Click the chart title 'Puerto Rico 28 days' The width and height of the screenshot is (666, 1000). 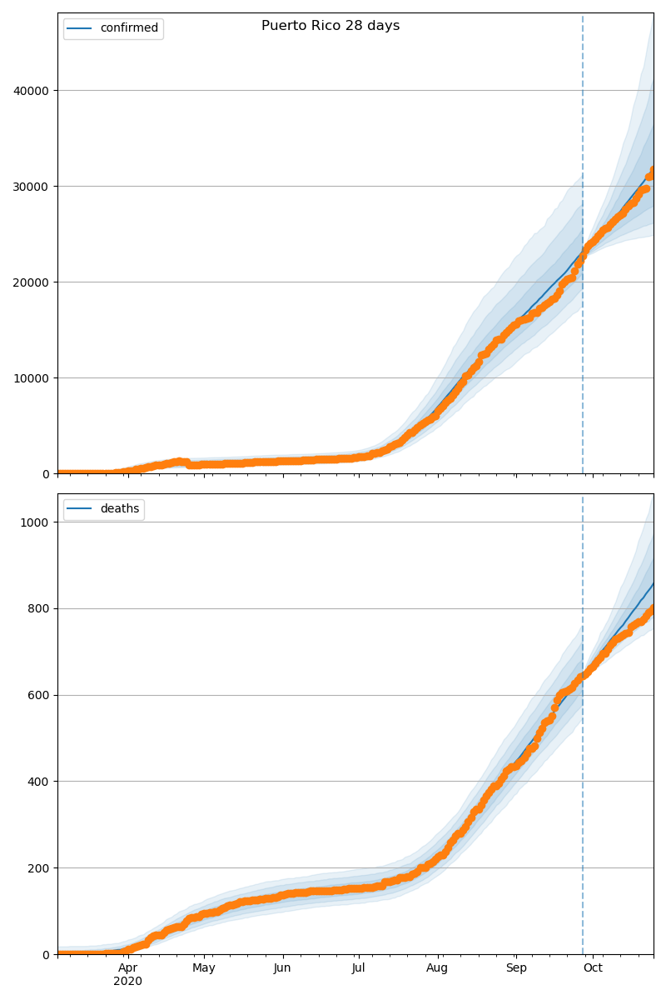pos(331,26)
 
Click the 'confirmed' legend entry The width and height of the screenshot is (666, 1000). pos(128,28)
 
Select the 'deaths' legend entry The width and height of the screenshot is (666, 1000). pos(119,509)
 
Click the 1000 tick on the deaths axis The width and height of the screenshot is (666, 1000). pos(37,522)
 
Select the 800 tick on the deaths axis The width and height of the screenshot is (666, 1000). pos(40,609)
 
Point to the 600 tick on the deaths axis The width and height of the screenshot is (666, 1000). pos(40,696)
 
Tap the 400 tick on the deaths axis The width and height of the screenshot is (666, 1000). pos(40,782)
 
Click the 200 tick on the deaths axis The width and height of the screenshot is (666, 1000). pos(40,868)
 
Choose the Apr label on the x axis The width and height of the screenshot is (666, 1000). pos(127,968)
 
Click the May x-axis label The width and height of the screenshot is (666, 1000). pos(204,968)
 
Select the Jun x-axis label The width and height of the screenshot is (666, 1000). pos(282,968)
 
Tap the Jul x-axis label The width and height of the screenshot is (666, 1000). pos(358,968)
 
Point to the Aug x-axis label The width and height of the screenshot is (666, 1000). pos(437,968)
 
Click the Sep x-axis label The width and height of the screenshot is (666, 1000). pos(516,968)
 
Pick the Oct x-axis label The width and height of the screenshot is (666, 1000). pos(593,968)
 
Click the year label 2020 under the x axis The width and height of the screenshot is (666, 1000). pos(127,982)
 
